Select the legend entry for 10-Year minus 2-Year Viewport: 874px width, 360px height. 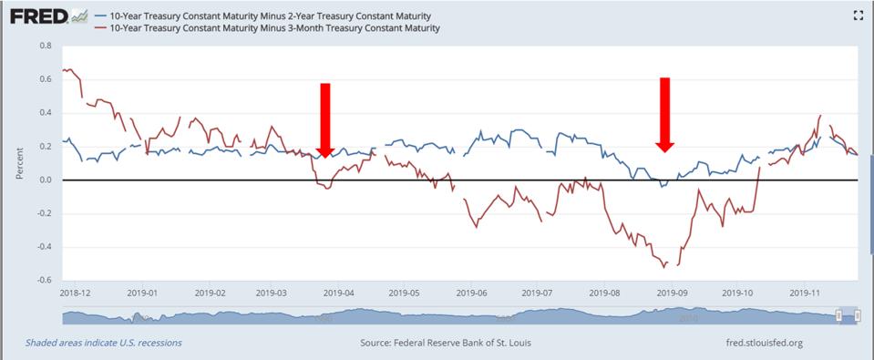coord(270,16)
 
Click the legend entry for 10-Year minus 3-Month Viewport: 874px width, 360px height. coord(274,28)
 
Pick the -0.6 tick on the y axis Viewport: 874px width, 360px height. coord(44,281)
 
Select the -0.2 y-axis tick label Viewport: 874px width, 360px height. coord(44,214)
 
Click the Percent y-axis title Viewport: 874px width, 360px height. coord(19,163)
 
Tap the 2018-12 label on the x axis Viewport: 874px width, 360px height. coord(76,293)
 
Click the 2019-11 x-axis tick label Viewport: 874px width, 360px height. coord(806,293)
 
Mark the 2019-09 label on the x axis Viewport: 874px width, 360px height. coord(672,293)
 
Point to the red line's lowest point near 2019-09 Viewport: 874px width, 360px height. coord(663,267)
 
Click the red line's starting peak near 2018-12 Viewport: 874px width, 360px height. coord(66,69)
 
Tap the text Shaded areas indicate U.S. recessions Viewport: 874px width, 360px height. coord(104,344)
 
